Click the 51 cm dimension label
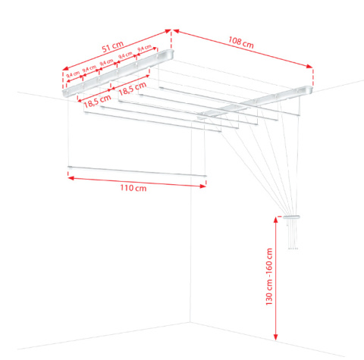pyautogui.click(x=113, y=46)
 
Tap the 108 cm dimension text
pyautogui.click(x=241, y=42)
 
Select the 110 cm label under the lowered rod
pyautogui.click(x=133, y=188)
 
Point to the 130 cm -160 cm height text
pyautogui.click(x=269, y=277)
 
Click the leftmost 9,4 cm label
pyautogui.click(x=73, y=74)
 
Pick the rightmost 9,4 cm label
pyautogui.click(x=145, y=48)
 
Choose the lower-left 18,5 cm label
pyautogui.click(x=97, y=102)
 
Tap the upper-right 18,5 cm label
pyautogui.click(x=133, y=89)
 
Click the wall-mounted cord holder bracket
pyautogui.click(x=291, y=217)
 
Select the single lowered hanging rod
pyautogui.click(x=137, y=171)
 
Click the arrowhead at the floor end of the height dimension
pyautogui.click(x=275, y=337)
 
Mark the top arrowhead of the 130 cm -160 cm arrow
pyautogui.click(x=275, y=220)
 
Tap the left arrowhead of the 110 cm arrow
pyautogui.click(x=71, y=178)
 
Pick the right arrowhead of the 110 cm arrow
pyautogui.click(x=203, y=186)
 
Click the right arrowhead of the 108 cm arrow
pyautogui.click(x=309, y=66)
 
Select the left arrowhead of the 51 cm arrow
pyautogui.click(x=65, y=68)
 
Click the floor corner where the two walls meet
pyautogui.click(x=190, y=322)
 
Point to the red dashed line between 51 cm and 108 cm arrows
pyautogui.click(x=171, y=39)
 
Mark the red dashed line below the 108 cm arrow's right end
pyautogui.click(x=313, y=77)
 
